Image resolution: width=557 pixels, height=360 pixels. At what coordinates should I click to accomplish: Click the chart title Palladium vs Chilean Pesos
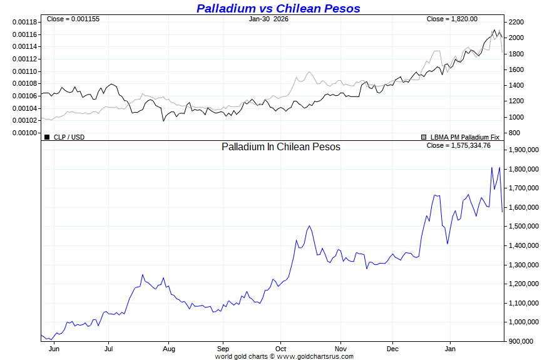(x=278, y=8)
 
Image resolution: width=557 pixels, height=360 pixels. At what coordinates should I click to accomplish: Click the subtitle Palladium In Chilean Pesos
(x=281, y=147)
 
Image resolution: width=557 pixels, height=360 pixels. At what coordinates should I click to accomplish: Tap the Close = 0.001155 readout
(x=73, y=19)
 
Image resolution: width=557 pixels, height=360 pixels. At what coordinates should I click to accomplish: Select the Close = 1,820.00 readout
(x=452, y=19)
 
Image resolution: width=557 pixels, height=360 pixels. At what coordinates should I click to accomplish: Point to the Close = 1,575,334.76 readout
(x=459, y=145)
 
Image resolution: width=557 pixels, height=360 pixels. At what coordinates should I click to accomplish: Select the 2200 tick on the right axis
(x=516, y=22)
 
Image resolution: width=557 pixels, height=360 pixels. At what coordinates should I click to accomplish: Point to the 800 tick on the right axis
(x=514, y=133)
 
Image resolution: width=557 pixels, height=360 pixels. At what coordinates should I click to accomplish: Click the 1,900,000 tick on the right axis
(x=524, y=150)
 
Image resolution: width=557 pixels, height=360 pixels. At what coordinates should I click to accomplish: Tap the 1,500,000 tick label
(x=524, y=227)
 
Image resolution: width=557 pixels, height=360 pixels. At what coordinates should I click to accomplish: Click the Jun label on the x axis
(x=53, y=348)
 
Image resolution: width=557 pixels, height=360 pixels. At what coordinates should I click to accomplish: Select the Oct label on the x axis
(x=280, y=348)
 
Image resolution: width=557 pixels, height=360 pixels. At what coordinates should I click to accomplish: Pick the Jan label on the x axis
(x=449, y=348)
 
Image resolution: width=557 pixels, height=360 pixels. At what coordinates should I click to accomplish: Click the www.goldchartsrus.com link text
(x=315, y=356)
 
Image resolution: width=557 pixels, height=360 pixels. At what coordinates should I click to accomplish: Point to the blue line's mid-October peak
(x=309, y=226)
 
